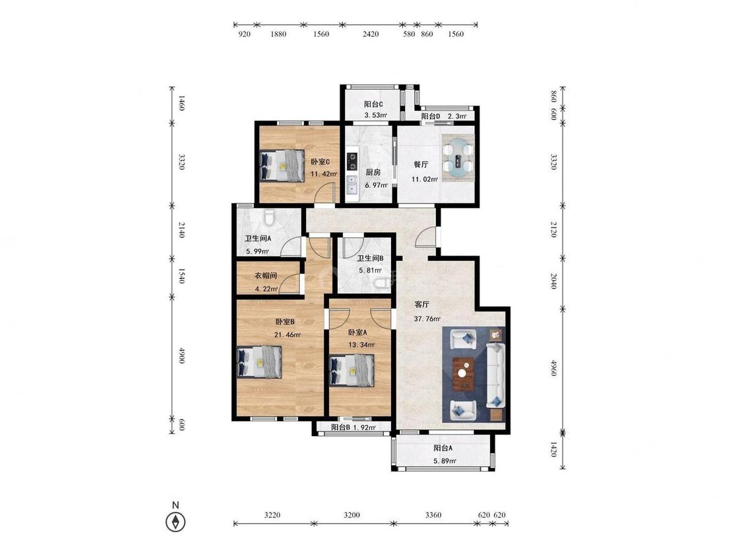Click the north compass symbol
(x=175, y=522)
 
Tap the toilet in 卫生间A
(x=270, y=217)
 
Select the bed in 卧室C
(x=282, y=165)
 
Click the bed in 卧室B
(x=259, y=362)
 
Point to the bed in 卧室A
(x=352, y=371)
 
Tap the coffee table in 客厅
(x=464, y=374)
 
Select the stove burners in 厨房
(x=352, y=161)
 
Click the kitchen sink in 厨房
(x=352, y=185)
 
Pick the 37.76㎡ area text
(x=427, y=319)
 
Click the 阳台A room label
(x=443, y=448)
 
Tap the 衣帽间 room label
(x=266, y=275)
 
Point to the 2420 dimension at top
(x=371, y=34)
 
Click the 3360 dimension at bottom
(x=433, y=515)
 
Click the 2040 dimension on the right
(x=553, y=281)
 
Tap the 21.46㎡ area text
(x=288, y=335)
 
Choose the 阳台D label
(x=431, y=116)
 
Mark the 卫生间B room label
(x=370, y=258)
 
